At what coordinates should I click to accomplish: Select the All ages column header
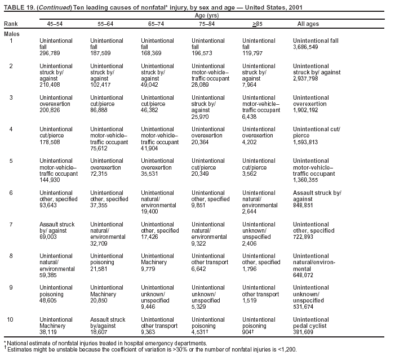click(x=308, y=24)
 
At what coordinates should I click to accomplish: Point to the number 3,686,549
click(x=305, y=47)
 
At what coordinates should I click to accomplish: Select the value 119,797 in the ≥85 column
click(x=253, y=54)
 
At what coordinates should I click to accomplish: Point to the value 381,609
click(x=304, y=332)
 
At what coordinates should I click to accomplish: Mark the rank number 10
click(x=10, y=320)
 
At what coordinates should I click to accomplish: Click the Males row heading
click(x=11, y=34)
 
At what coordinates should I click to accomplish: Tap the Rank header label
click(x=10, y=24)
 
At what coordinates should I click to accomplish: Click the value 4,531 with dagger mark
click(x=199, y=332)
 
